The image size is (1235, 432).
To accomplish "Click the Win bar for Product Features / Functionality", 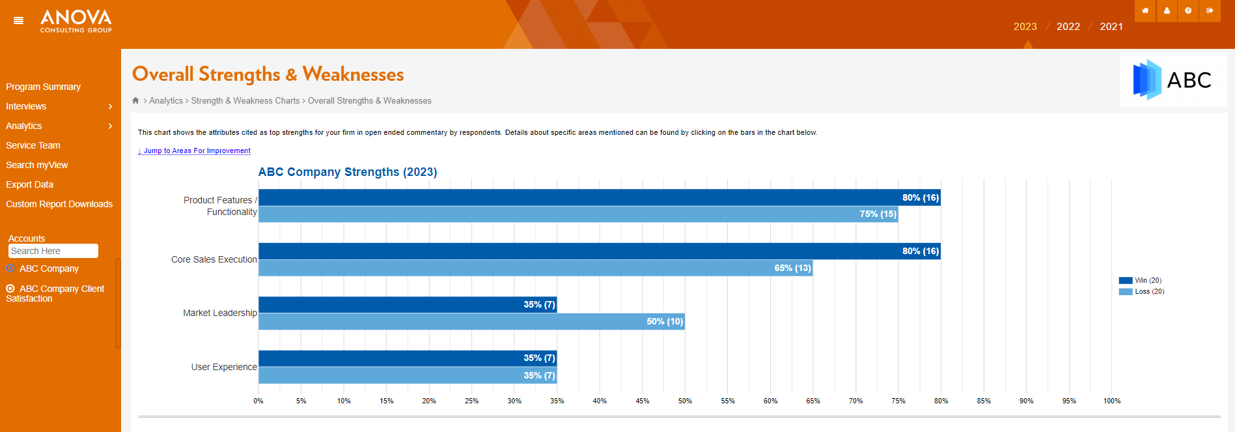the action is click(x=600, y=197).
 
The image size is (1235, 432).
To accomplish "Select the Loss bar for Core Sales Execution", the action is click(x=536, y=268).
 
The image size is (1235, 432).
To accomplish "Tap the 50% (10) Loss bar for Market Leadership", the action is click(x=471, y=321).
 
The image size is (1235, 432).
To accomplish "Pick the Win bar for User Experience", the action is click(x=408, y=358).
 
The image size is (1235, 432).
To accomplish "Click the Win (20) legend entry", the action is click(x=1140, y=280).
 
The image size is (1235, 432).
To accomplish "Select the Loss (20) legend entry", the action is click(x=1141, y=291).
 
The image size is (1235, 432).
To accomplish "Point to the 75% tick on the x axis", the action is click(x=898, y=401).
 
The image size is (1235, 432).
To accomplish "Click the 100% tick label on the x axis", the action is click(x=1112, y=401).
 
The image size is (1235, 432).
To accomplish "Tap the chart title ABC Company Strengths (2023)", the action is click(x=348, y=172).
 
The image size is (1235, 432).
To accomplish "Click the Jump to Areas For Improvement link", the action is click(x=194, y=151).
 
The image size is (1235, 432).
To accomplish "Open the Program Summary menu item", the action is click(x=44, y=87).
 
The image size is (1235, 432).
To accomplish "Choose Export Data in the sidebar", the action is click(x=30, y=184).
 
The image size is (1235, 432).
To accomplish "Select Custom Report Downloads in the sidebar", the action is click(x=59, y=204).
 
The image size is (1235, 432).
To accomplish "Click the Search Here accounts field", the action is click(x=53, y=251).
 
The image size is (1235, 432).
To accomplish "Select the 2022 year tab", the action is click(x=1068, y=27).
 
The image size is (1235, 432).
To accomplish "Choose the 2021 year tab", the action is click(x=1111, y=27).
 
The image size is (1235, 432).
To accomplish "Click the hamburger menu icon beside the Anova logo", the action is click(x=18, y=21).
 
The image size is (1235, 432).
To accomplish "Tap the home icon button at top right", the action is click(x=1145, y=10).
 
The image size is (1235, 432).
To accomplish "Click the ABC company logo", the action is click(x=1173, y=79).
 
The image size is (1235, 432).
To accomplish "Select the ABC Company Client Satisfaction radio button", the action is click(x=10, y=289).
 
